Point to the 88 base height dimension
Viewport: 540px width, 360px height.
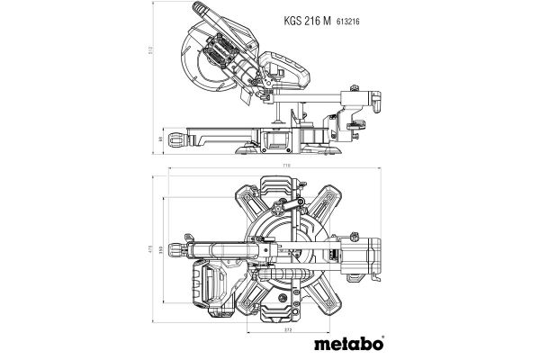click(154, 139)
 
